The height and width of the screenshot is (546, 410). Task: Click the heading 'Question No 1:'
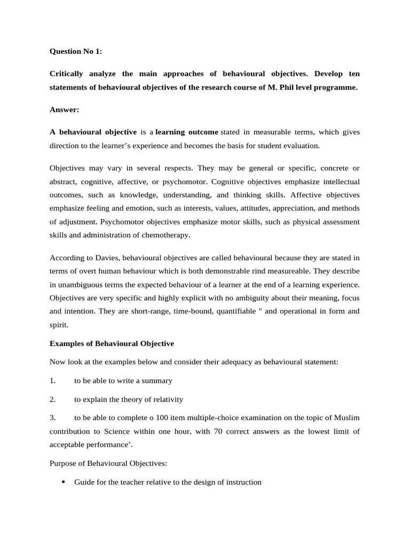(x=76, y=52)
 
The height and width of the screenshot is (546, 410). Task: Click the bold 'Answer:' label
(x=64, y=110)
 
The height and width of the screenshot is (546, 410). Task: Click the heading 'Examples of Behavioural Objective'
(x=112, y=343)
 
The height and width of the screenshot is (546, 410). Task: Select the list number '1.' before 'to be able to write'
(x=53, y=381)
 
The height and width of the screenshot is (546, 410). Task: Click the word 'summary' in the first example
(x=158, y=381)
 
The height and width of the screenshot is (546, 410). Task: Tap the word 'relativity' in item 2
(x=166, y=399)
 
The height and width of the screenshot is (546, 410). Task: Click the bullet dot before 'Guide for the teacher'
(x=64, y=482)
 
